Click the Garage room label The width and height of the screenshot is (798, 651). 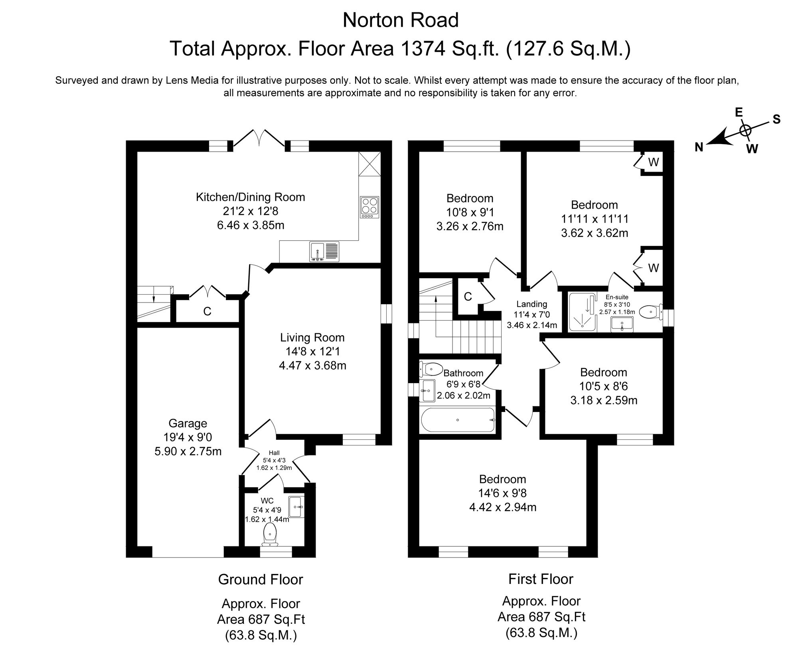click(x=188, y=423)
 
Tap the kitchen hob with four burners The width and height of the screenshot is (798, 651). click(x=369, y=207)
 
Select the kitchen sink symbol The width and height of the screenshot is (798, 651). click(x=324, y=252)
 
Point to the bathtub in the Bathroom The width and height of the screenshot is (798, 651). click(x=458, y=420)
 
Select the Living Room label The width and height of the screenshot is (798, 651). click(x=312, y=338)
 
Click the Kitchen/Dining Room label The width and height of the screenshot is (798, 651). click(x=250, y=197)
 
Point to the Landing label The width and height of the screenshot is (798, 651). click(x=531, y=304)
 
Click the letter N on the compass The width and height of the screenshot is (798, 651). click(x=699, y=148)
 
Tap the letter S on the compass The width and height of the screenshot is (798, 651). click(x=776, y=119)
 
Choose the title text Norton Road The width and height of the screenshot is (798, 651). click(x=401, y=20)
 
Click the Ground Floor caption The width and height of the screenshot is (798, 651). click(x=261, y=580)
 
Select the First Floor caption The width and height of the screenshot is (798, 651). click(x=541, y=579)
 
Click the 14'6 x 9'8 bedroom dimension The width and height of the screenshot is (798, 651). click(x=502, y=493)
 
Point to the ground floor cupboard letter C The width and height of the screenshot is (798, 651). click(x=207, y=311)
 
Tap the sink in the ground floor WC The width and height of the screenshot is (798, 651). click(x=296, y=507)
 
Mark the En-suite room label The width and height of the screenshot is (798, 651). click(x=617, y=297)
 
